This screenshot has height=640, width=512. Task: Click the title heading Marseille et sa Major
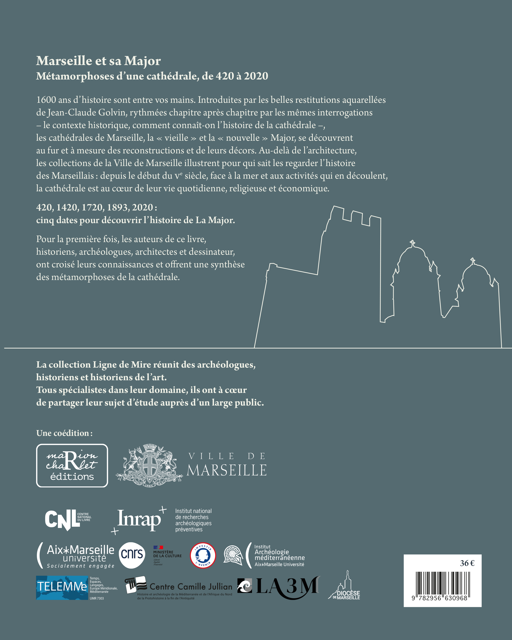tap(98, 61)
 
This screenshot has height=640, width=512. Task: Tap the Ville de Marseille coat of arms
tap(149, 465)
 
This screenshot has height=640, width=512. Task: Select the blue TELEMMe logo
tap(62, 588)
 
